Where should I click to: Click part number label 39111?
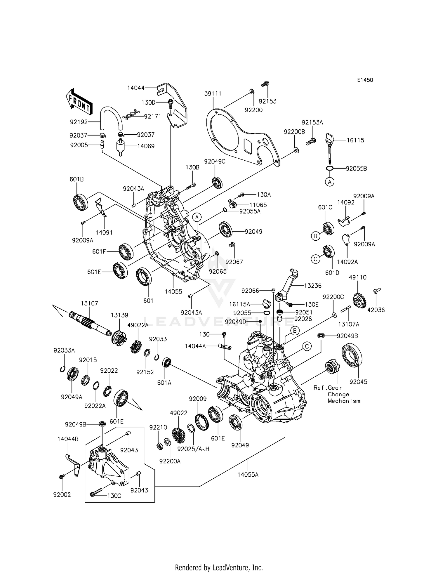tap(213, 93)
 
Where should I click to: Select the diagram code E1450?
tap(365, 80)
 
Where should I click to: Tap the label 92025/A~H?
tap(194, 449)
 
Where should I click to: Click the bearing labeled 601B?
tap(81, 202)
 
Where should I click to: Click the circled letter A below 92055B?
tap(329, 182)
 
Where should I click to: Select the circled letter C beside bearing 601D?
tap(315, 259)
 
